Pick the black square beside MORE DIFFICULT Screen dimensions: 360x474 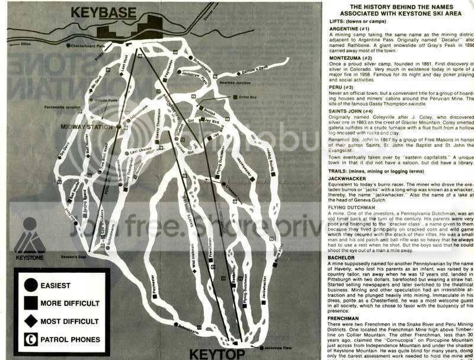click(29, 304)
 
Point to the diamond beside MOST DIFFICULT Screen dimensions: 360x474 click(29, 322)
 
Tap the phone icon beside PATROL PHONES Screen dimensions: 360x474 click(29, 340)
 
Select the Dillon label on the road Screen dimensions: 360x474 click(24, 43)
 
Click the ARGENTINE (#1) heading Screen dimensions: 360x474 click(351, 28)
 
